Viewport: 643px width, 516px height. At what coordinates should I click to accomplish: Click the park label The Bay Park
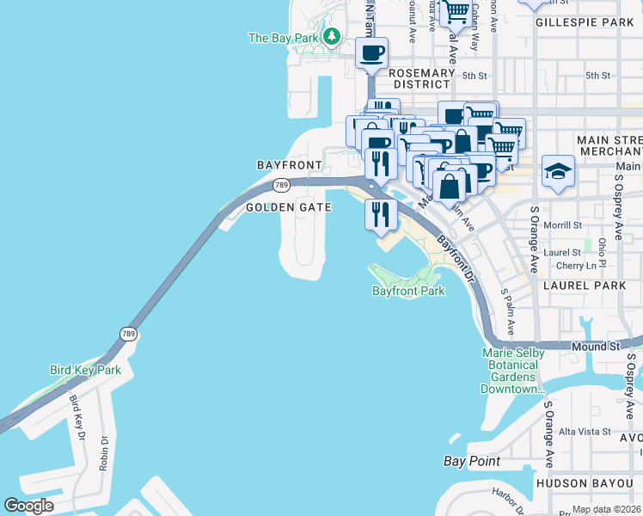[x=283, y=38]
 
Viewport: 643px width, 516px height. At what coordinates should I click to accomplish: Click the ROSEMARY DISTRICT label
[x=421, y=79]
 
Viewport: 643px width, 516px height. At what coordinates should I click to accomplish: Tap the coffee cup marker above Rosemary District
[x=371, y=54]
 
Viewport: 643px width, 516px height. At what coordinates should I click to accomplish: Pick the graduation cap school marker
[x=558, y=172]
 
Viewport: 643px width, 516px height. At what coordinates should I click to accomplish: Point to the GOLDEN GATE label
[x=284, y=207]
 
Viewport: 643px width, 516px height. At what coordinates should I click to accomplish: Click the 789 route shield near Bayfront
[x=281, y=185]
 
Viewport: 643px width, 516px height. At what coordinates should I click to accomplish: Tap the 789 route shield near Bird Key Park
[x=127, y=334]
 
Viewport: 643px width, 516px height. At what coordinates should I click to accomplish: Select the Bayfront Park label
[x=408, y=292]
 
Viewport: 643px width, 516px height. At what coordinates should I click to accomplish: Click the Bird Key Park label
[x=85, y=371]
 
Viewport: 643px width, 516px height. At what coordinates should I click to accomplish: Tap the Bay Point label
[x=472, y=462]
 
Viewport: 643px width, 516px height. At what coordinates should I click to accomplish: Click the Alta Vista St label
[x=585, y=432]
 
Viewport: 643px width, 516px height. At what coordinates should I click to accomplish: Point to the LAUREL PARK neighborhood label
[x=592, y=284]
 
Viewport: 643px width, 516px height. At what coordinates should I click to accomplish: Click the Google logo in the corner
[x=29, y=506]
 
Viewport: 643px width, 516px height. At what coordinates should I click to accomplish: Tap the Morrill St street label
[x=565, y=225]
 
